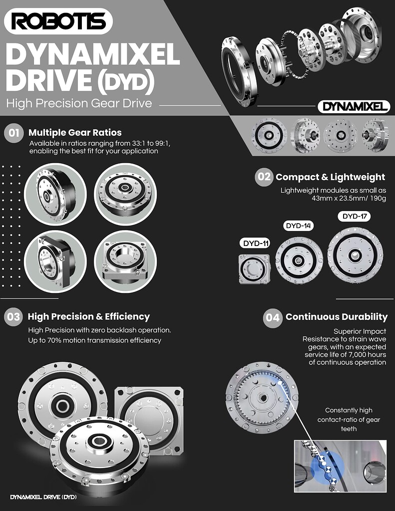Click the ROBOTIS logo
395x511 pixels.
pos(58,21)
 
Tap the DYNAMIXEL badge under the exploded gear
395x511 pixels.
pos(354,106)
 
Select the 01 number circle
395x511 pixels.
pos(13,133)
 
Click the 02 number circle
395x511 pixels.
pos(264,177)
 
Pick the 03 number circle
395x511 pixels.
pos(13,317)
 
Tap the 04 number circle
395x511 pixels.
pos(272,317)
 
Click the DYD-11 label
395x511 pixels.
pos(256,244)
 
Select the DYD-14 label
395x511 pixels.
pos(299,226)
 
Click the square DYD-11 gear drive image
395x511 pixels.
pos(254,269)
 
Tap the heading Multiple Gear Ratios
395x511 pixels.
pos(75,133)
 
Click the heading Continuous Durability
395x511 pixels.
pos(336,317)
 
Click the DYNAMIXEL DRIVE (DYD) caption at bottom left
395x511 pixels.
pos(43,497)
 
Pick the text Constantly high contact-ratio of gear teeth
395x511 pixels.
pos(349,419)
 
